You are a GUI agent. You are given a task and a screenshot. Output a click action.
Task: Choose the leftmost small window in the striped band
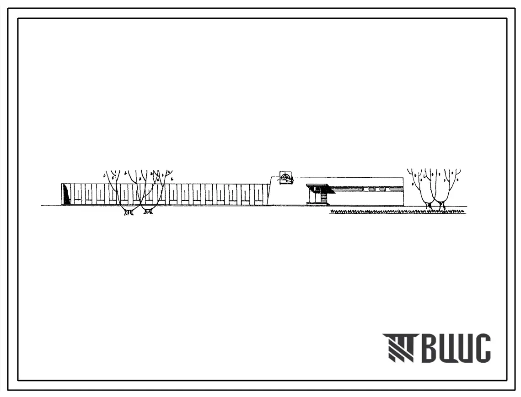[365, 189]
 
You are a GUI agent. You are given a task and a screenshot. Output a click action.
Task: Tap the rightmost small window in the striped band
[387, 189]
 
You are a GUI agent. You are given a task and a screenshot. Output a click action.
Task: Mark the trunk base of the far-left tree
[129, 212]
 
